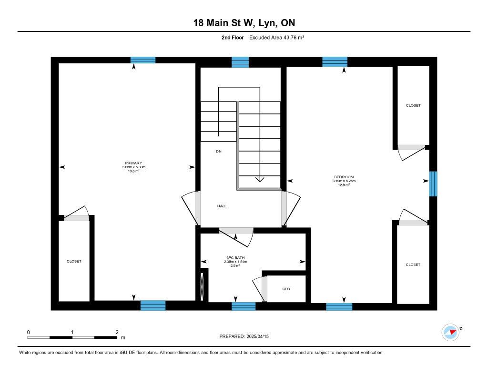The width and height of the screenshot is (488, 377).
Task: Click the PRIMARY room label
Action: [133, 163]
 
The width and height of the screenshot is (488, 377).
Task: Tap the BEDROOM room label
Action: [344, 177]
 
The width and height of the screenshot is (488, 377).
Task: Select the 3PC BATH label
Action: [235, 258]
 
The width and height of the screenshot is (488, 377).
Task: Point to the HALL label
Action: [222, 206]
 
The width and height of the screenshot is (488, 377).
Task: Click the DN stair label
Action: [219, 151]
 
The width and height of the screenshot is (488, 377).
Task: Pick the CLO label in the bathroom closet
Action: [286, 289]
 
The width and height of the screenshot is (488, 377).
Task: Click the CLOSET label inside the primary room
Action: [74, 261]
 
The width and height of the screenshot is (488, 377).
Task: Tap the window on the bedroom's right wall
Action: [433, 183]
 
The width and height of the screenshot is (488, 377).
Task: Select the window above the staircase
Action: [240, 62]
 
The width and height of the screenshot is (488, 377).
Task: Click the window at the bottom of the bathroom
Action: [244, 306]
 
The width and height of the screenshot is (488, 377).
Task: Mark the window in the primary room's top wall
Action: [143, 60]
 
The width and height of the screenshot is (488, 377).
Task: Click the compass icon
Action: [451, 333]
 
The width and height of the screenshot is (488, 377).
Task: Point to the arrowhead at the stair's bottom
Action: [260, 179]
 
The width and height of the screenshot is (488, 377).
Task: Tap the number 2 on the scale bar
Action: [117, 332]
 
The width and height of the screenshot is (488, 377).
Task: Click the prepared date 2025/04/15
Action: [258, 336]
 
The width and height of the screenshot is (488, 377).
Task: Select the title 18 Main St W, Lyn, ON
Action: [244, 23]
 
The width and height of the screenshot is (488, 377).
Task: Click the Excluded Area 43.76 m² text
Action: [276, 37]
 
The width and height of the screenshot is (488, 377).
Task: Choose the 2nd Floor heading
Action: [233, 37]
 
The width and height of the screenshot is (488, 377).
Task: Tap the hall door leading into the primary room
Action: [189, 207]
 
